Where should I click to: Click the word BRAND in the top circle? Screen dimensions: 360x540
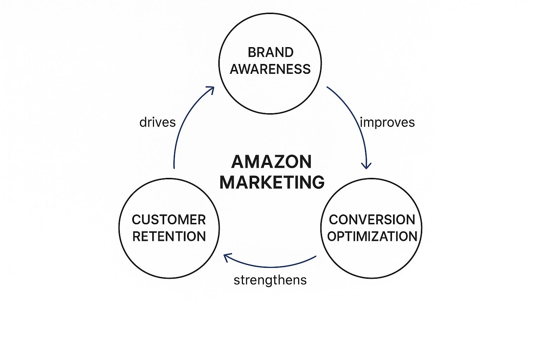(270, 52)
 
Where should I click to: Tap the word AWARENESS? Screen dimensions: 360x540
(270, 69)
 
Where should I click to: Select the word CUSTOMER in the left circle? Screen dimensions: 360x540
(169, 220)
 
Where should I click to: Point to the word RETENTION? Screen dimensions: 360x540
(169, 237)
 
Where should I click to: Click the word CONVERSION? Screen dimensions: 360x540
(372, 220)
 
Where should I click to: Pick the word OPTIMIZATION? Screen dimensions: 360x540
(372, 237)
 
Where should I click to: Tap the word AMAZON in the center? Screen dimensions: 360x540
(271, 162)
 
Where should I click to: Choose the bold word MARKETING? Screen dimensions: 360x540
(272, 182)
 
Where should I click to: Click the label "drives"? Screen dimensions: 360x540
(157, 122)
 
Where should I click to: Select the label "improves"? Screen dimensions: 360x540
(387, 122)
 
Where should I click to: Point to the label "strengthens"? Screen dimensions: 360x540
(270, 280)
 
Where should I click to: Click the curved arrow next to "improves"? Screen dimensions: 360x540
(356, 120)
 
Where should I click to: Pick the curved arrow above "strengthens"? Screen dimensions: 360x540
(271, 266)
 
